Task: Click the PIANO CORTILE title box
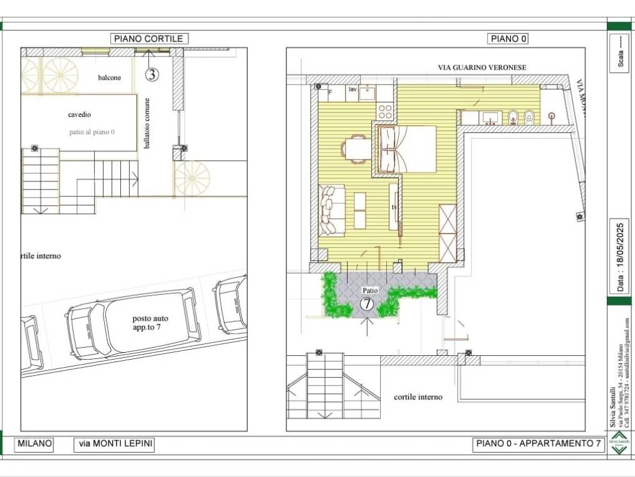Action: pyautogui.click(x=149, y=39)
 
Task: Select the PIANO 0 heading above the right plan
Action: pyautogui.click(x=508, y=39)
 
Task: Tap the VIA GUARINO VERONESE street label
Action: pyautogui.click(x=477, y=67)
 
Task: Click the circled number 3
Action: pyautogui.click(x=152, y=75)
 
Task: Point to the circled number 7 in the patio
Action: pyautogui.click(x=367, y=304)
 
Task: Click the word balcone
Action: pyautogui.click(x=109, y=78)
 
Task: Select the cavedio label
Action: pyautogui.click(x=80, y=115)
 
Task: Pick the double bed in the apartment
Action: pyautogui.click(x=406, y=149)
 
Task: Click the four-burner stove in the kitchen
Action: pyautogui.click(x=385, y=112)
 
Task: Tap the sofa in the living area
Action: pyautogui.click(x=331, y=211)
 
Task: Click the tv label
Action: pyautogui.click(x=393, y=207)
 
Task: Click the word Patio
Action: pyautogui.click(x=370, y=290)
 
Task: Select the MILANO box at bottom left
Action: pyautogui.click(x=35, y=444)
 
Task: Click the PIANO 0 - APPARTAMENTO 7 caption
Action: pyautogui.click(x=538, y=444)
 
